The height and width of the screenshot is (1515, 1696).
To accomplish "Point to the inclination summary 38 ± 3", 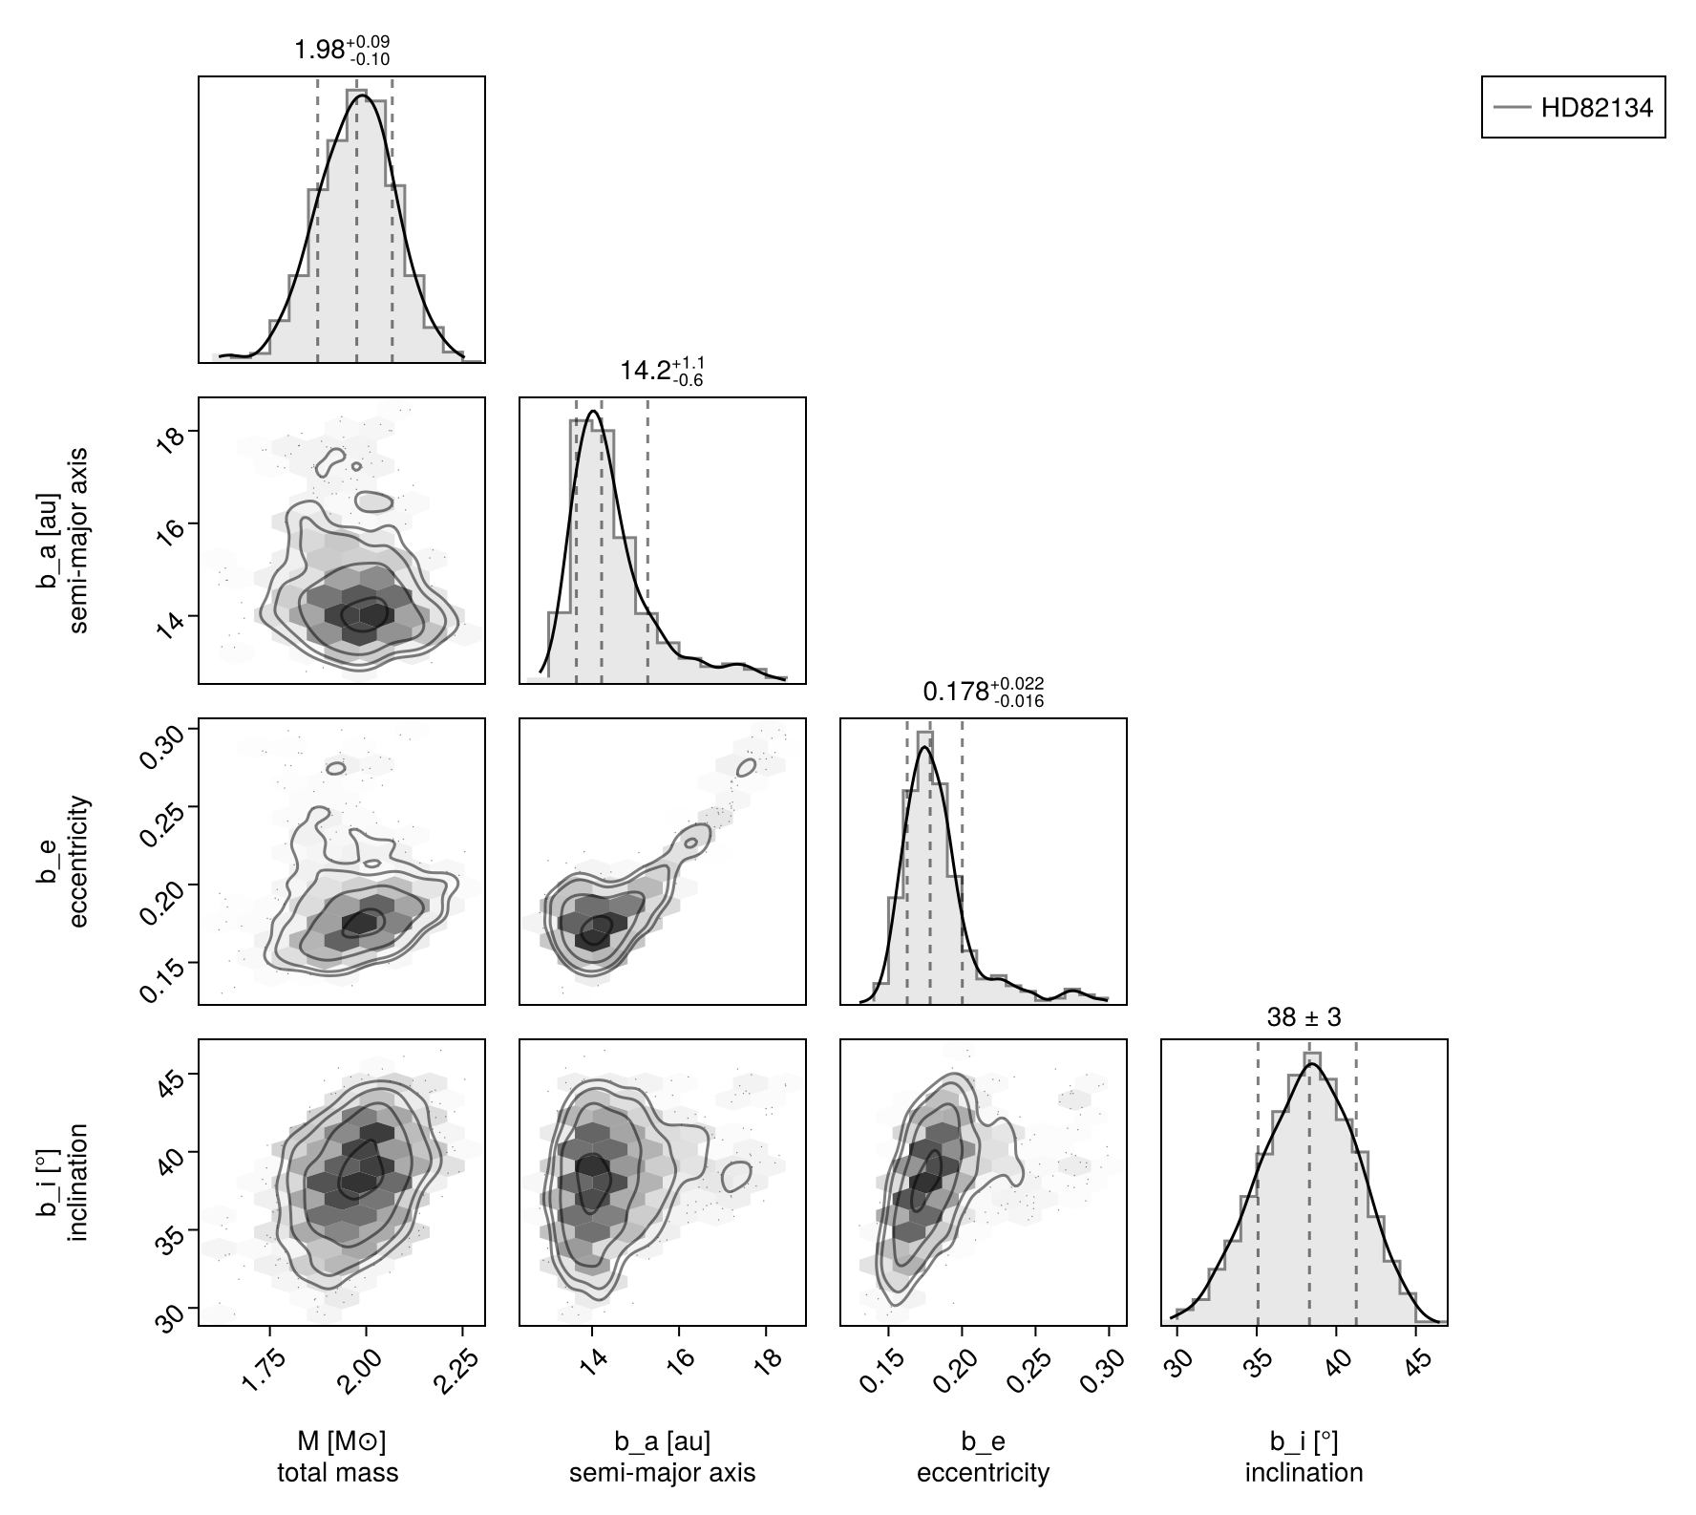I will tap(1304, 1018).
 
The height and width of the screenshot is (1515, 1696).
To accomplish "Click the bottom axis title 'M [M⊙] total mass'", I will tap(338, 1458).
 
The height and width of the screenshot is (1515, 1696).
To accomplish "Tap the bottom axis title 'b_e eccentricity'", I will tap(983, 1458).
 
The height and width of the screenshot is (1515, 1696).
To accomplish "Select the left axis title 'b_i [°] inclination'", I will tap(64, 1183).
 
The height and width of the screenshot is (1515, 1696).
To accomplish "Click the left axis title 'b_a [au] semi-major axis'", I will tap(64, 540).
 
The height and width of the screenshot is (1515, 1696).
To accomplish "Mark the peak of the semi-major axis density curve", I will tap(593, 411).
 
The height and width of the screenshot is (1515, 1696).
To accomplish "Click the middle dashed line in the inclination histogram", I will tap(1308, 1184).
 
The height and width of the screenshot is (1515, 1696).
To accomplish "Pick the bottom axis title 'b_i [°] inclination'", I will tap(1304, 1458).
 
